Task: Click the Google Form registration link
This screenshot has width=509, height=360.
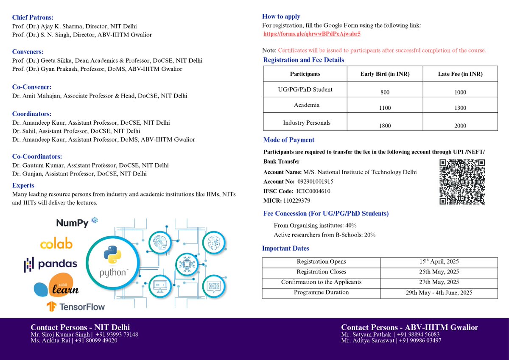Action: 312,33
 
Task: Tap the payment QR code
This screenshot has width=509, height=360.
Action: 462,182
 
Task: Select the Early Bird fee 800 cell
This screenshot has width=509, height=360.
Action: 385,92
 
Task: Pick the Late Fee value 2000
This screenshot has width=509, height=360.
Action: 460,126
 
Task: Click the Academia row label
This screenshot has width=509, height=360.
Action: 306,105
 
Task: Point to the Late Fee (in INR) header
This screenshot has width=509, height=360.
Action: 460,74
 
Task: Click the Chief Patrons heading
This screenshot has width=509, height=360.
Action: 33,17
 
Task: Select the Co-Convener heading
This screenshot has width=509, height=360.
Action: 32,87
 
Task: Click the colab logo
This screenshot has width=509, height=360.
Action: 56,244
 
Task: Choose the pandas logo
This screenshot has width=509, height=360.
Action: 51,264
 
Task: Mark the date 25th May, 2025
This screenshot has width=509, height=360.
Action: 439,272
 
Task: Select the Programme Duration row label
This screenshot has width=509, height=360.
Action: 321,292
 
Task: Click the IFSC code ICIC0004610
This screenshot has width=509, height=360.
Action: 313,191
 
